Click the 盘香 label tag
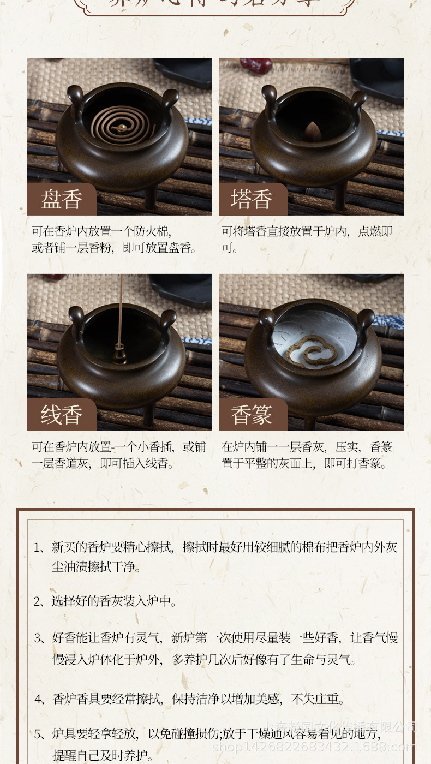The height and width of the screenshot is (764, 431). click(x=61, y=200)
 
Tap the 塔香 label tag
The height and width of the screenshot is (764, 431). click(x=252, y=200)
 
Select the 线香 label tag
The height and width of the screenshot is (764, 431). click(x=61, y=415)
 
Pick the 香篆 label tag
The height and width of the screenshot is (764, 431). click(x=252, y=415)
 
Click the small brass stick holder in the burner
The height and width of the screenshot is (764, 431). click(x=120, y=357)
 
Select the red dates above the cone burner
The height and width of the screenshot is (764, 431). click(x=256, y=65)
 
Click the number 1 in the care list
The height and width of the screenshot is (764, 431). click(x=38, y=547)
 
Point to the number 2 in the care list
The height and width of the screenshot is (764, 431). click(x=38, y=601)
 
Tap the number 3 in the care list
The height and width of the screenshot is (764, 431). click(x=38, y=638)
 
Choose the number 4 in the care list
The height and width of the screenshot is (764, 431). click(x=38, y=699)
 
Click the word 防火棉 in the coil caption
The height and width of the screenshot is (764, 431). click(x=155, y=231)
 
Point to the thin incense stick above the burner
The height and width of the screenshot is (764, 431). click(x=121, y=311)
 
